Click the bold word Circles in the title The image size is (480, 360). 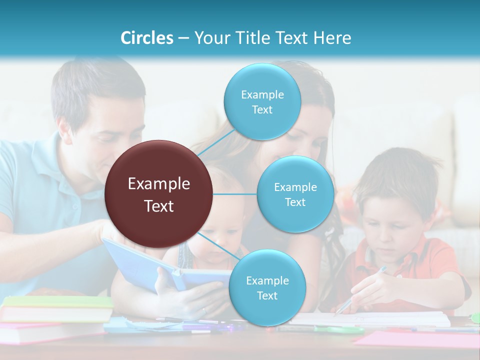pos(147,38)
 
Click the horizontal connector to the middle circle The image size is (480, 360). pos(235,194)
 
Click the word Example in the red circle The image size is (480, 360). pos(159,184)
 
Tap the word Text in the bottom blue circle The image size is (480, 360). pos(267,296)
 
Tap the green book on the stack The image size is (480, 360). pos(57,302)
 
